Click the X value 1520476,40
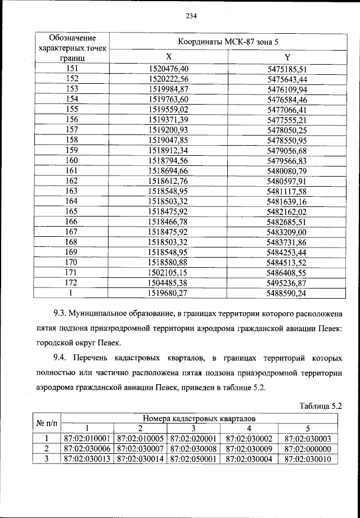[168, 69]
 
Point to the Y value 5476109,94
[286, 89]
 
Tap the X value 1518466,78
[168, 222]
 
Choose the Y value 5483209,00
[286, 232]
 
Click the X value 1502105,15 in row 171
[168, 272]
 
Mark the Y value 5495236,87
[286, 282]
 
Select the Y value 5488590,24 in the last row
[286, 293]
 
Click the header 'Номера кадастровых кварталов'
[199, 418]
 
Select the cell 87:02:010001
[87, 439]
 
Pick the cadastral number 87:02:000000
[308, 449]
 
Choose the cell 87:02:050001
[193, 459]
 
